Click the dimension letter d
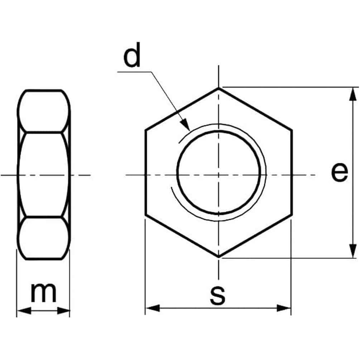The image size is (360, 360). [132, 55]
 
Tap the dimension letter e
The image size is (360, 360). [340, 172]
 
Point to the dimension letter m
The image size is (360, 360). [43, 293]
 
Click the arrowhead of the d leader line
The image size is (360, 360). [185, 125]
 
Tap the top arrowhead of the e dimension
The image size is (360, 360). [352, 94]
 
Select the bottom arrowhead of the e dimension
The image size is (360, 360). [352, 251]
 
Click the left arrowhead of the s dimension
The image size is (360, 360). [153, 308]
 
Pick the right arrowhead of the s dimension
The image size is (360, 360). [284, 308]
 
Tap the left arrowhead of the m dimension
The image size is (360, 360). [24, 311]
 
